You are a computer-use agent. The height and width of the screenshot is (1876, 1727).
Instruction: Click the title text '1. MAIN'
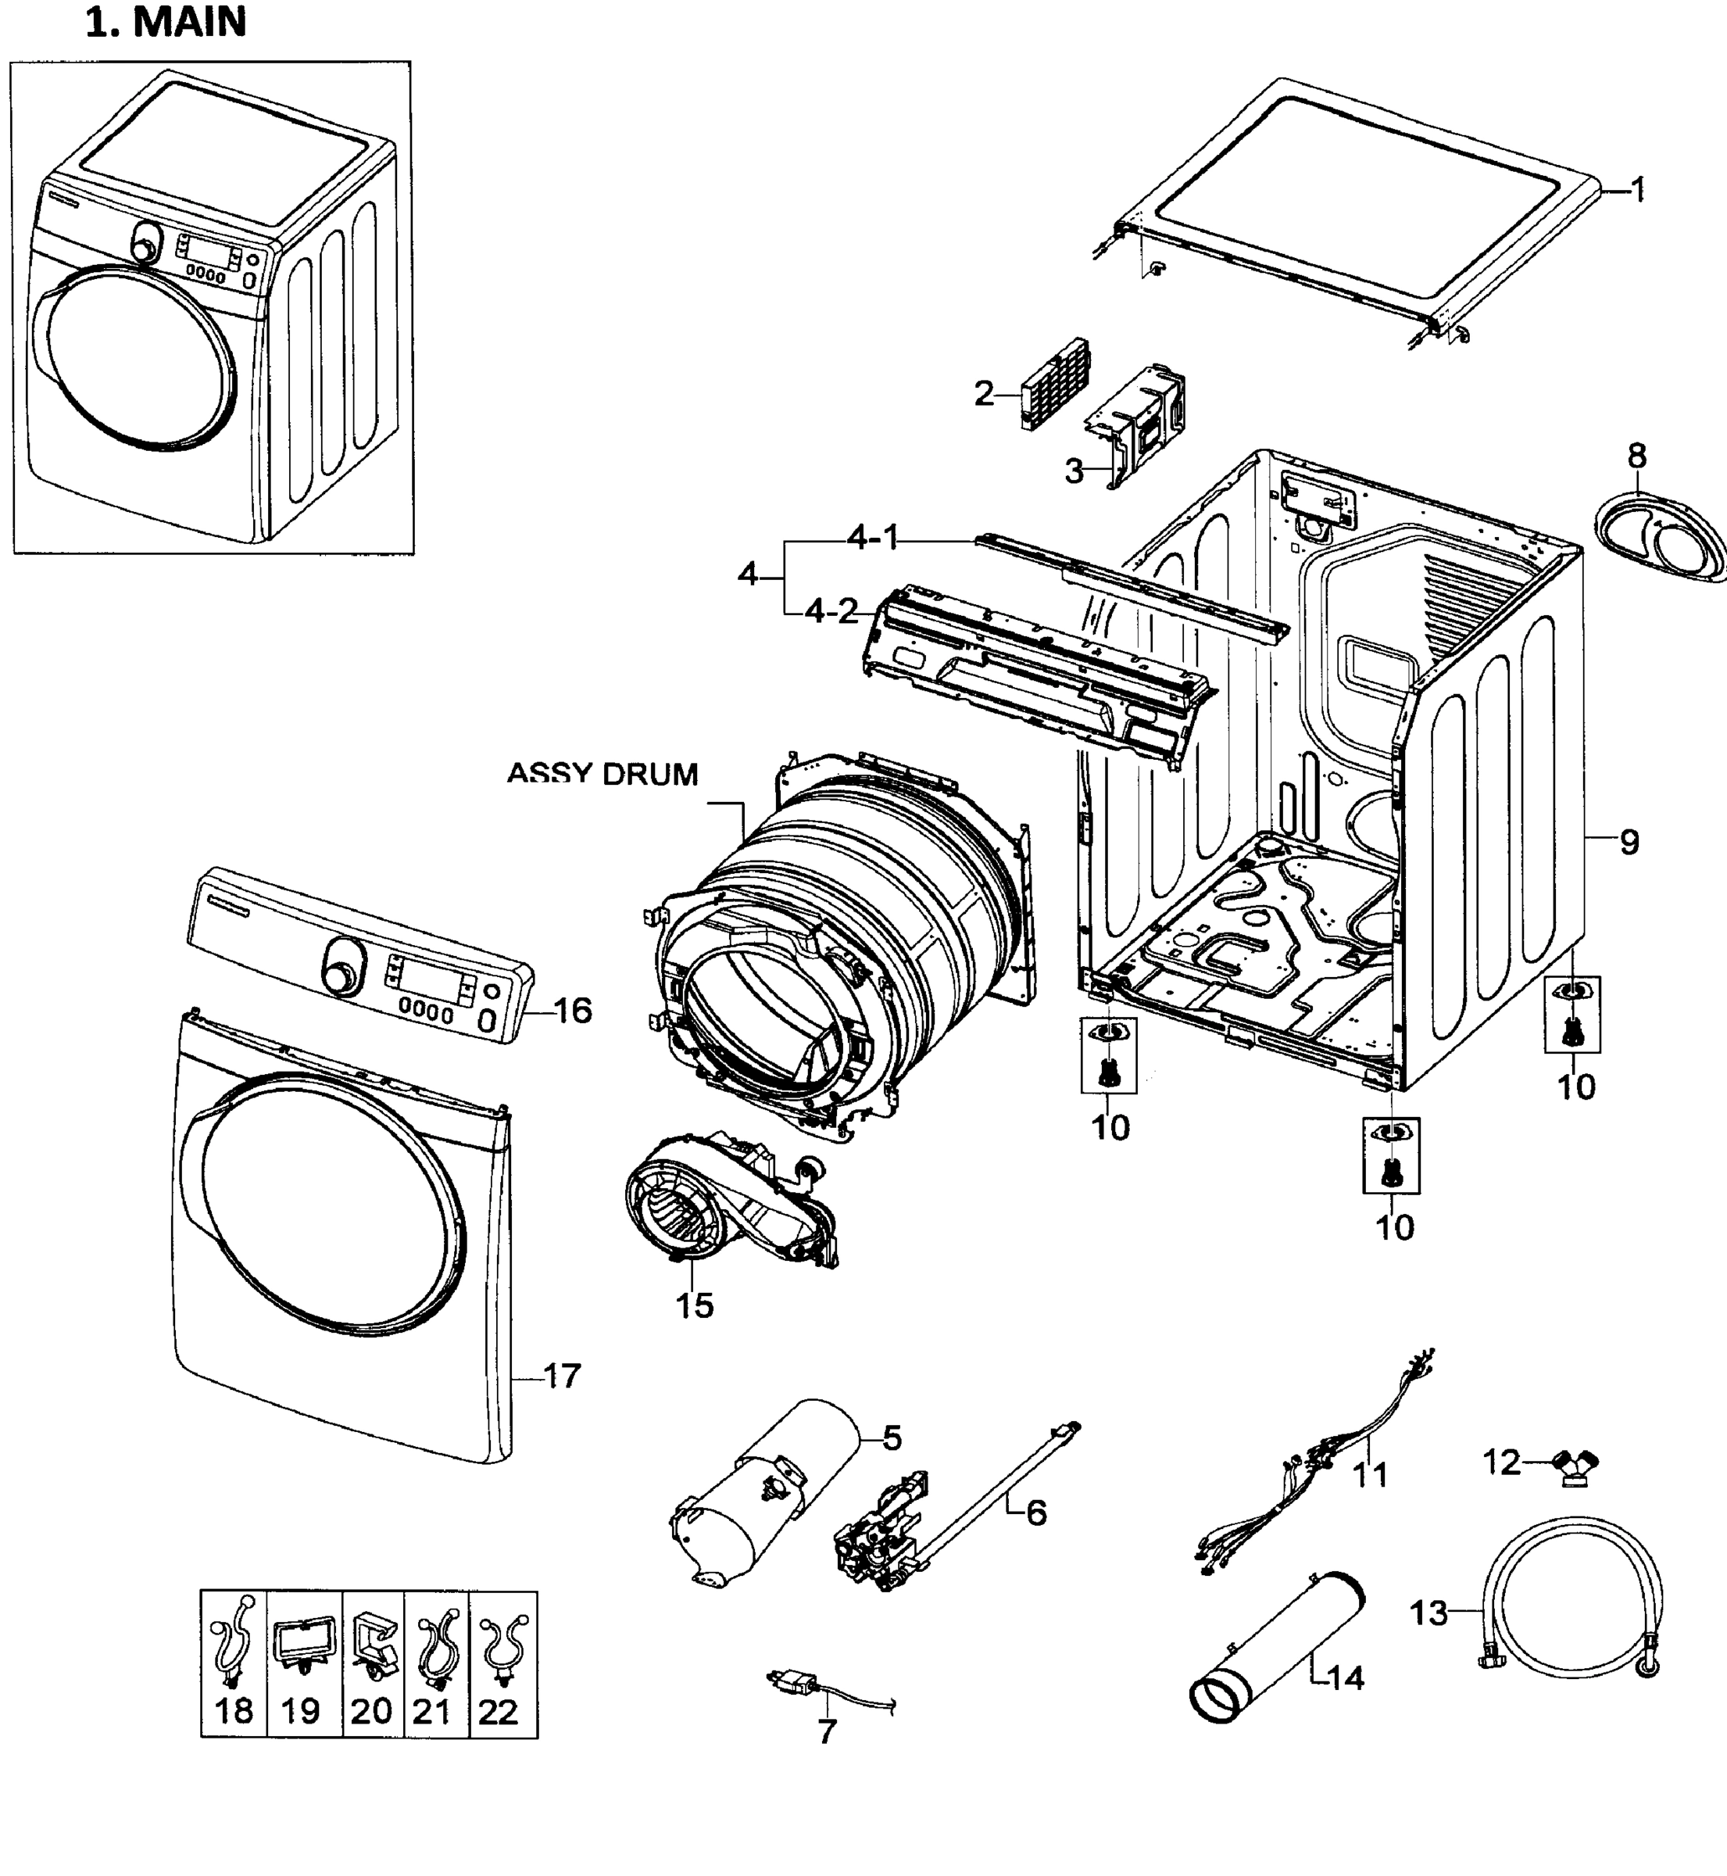166,23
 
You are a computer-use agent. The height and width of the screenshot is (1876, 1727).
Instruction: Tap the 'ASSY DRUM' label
602,774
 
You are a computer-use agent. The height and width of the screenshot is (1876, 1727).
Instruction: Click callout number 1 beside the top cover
1637,190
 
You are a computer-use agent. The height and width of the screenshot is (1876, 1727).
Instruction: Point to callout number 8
1636,456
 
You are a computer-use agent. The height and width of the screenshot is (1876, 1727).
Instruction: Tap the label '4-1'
872,538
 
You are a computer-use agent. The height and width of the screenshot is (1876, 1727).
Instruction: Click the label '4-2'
831,611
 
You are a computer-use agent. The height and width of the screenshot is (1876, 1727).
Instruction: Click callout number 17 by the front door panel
562,1375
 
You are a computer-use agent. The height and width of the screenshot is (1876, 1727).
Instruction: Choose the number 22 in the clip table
497,1712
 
